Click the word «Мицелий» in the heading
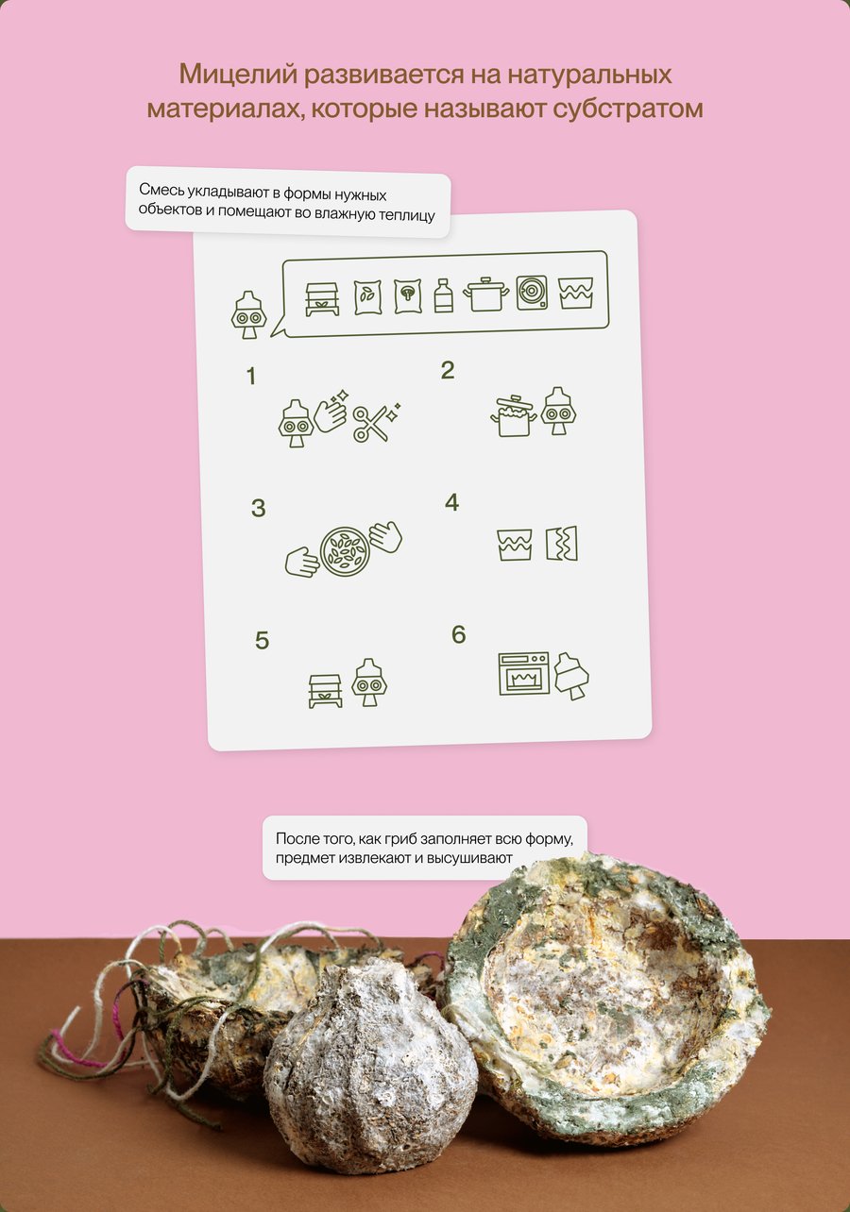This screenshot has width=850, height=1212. pyautogui.click(x=238, y=76)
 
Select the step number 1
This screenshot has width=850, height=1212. pyautogui.click(x=250, y=376)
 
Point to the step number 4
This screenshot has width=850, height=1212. pyautogui.click(x=451, y=503)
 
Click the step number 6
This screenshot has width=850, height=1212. pyautogui.click(x=459, y=634)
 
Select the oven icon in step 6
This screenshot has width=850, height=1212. pyautogui.click(x=523, y=674)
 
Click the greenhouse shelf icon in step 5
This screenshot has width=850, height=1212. pyautogui.click(x=326, y=691)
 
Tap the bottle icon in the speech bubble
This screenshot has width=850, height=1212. pyautogui.click(x=443, y=295)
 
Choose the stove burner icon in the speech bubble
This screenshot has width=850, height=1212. pyautogui.click(x=532, y=293)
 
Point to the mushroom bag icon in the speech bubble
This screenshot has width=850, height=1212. pyautogui.click(x=408, y=296)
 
